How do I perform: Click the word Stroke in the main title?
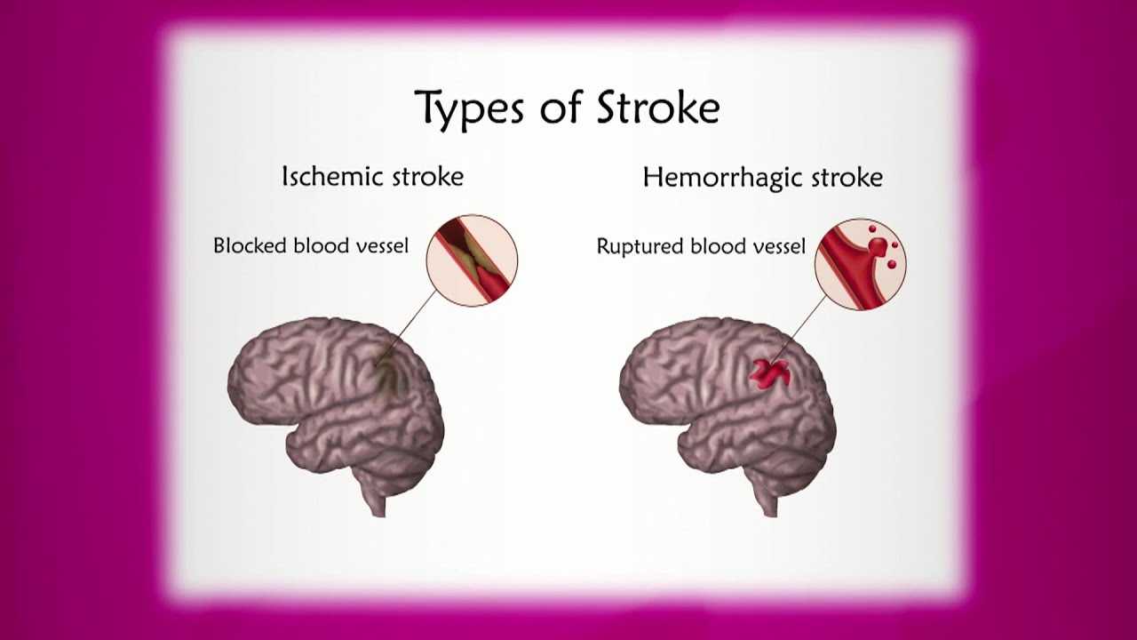pyautogui.click(x=656, y=108)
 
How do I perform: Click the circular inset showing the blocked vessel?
pyautogui.click(x=472, y=260)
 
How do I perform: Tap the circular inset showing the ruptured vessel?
pyautogui.click(x=860, y=264)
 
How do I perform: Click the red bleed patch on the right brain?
pyautogui.click(x=770, y=373)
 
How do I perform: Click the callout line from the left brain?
pyautogui.click(x=413, y=325)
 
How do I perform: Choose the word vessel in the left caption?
pyautogui.click(x=378, y=245)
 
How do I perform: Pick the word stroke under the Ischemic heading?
pyautogui.click(x=430, y=177)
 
